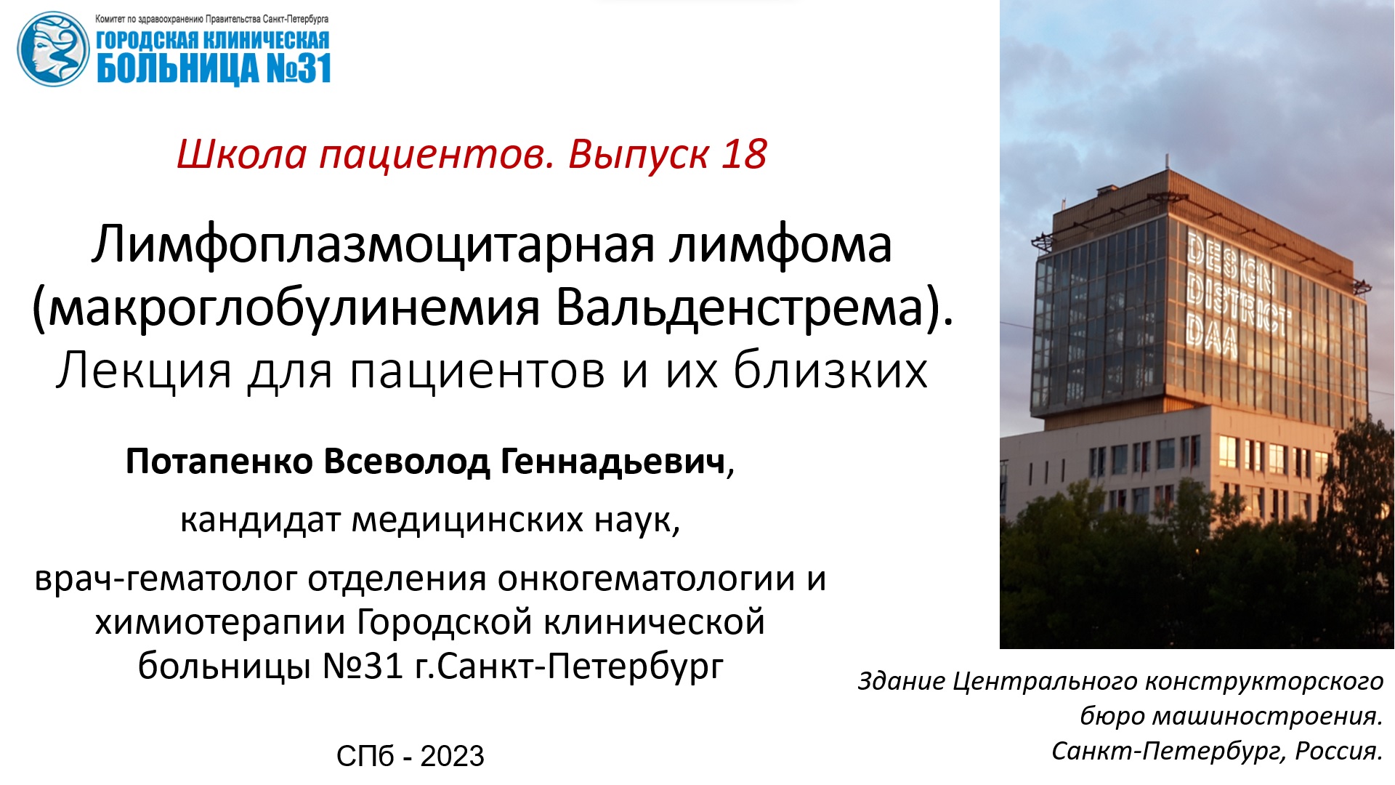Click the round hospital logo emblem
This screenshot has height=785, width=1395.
point(52,49)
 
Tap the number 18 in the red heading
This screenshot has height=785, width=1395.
point(744,154)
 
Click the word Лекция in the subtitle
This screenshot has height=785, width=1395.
point(143,371)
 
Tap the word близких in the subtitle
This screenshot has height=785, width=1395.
point(830,371)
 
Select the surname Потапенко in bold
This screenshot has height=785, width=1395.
point(219,462)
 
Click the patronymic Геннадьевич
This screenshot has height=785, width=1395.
point(613,462)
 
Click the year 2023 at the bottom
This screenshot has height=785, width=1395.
point(452,757)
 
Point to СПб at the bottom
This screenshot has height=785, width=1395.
point(365,757)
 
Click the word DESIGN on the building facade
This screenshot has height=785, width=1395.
point(1231,261)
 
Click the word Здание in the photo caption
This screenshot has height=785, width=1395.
point(902,681)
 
